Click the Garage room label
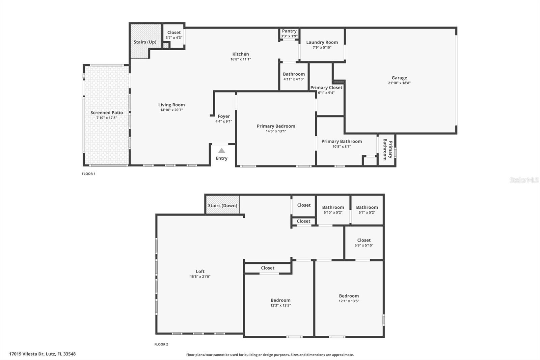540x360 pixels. tap(399, 78)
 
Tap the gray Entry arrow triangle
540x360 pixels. tap(221, 151)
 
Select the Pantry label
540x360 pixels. tap(289, 31)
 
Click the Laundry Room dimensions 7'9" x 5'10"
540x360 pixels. tap(322, 48)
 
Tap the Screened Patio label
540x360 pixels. tap(107, 112)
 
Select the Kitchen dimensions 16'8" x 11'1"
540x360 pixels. tap(241, 59)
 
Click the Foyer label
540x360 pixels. tap(224, 116)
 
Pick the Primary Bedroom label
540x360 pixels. tap(276, 126)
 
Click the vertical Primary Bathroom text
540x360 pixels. tap(387, 150)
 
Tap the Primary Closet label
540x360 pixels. tap(326, 87)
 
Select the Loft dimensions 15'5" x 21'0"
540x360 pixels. tap(200, 277)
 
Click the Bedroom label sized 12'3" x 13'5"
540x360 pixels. tap(280, 300)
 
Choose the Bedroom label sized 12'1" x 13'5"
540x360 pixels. tap(349, 296)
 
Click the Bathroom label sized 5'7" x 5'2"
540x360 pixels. tap(367, 207)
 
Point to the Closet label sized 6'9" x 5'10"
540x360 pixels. tap(364, 240)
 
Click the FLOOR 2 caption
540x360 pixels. tap(161, 344)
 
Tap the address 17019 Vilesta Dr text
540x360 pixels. tap(42, 354)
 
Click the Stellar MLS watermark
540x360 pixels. tap(524, 180)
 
